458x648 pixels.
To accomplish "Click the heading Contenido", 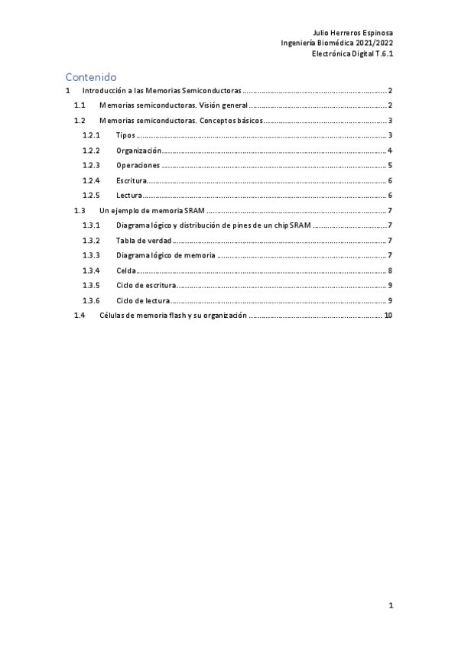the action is pyautogui.click(x=91, y=76).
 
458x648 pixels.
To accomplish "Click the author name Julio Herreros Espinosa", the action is pyautogui.click(x=353, y=34).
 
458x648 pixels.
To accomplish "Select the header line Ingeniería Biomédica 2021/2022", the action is pyautogui.click(x=337, y=44).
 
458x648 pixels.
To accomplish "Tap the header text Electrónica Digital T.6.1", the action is pyautogui.click(x=352, y=53).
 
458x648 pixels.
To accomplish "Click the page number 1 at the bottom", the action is pyautogui.click(x=390, y=606).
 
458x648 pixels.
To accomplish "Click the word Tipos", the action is pyautogui.click(x=126, y=135).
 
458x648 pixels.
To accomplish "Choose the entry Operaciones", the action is pyautogui.click(x=138, y=165).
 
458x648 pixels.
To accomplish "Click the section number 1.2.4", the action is pyautogui.click(x=91, y=180).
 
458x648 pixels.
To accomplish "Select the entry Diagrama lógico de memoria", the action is pyautogui.click(x=165, y=255).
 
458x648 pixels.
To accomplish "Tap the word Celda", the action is pyautogui.click(x=126, y=271).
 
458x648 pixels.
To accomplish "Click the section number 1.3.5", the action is pyautogui.click(x=91, y=285).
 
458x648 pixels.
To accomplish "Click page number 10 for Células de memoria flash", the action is pyautogui.click(x=388, y=316).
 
